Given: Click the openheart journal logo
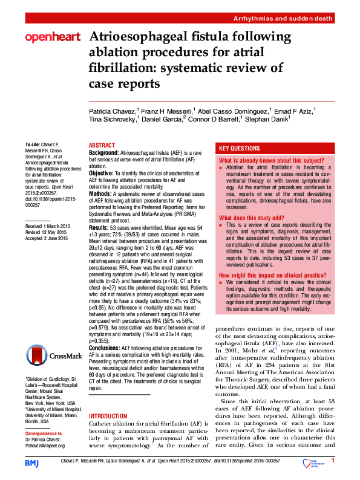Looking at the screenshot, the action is pyautogui.click(x=53, y=38).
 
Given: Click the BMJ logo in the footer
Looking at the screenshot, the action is pyautogui.click(x=31, y=462).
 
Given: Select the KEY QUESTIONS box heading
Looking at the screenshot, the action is pyautogui.click(x=240, y=148).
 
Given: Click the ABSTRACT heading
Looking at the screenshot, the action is pyautogui.click(x=103, y=146).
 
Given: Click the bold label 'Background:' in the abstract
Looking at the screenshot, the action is pyautogui.click(x=104, y=154).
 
